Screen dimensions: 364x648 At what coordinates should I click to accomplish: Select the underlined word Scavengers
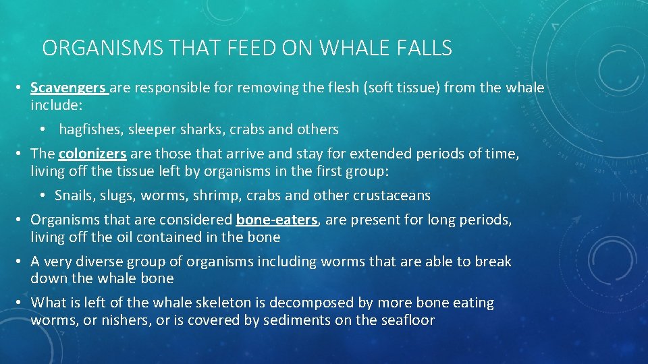(x=68, y=88)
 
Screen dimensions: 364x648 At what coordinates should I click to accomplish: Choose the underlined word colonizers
(x=92, y=154)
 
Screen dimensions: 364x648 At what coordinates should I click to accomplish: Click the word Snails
(x=74, y=195)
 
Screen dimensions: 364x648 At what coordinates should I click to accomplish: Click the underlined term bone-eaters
(x=276, y=220)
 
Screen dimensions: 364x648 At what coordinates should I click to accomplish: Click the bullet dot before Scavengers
(x=22, y=88)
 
